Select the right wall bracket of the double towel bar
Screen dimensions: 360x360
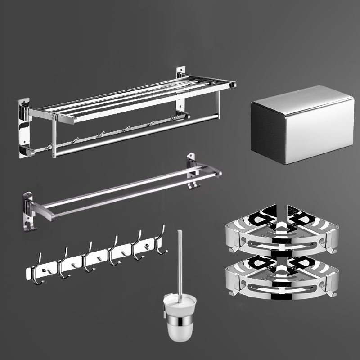pyautogui.click(x=193, y=171)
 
